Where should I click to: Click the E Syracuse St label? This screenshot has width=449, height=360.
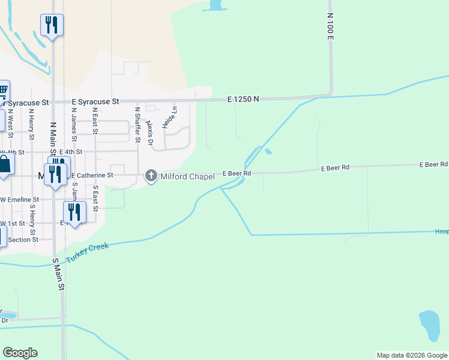pos(96,102)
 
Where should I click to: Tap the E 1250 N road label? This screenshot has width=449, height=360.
pos(243,99)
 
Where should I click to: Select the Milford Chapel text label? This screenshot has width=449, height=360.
pos(187,176)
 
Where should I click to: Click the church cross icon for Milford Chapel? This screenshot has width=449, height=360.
pos(151,175)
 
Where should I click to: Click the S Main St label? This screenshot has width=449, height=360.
pos(58,275)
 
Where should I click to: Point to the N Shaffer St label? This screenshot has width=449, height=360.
pos(137,124)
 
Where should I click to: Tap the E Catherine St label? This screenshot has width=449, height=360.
pos(92,175)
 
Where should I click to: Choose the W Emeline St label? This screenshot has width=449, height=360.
pos(20,200)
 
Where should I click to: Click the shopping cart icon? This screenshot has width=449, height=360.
pos(2,91)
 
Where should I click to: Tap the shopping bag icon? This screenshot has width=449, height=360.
pos(4,164)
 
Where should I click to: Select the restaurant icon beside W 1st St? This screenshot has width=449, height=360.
pos(74,212)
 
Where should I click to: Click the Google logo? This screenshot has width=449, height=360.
pos(20,353)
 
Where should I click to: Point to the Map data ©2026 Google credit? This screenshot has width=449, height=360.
pos(412,355)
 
